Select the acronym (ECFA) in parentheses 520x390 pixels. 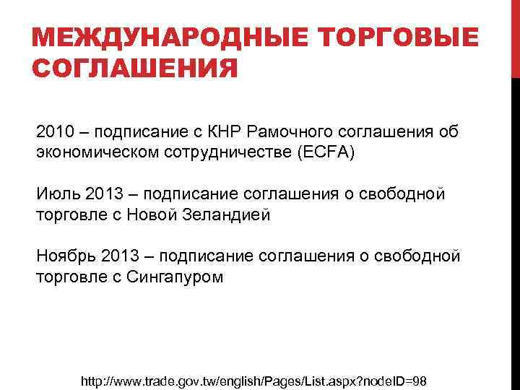(321, 153)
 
